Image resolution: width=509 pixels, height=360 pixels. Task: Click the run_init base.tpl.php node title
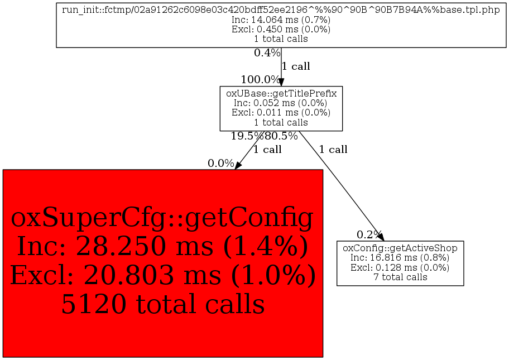tap(281, 9)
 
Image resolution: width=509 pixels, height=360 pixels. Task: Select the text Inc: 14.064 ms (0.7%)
tap(281, 20)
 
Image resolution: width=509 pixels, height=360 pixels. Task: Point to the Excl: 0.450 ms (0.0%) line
tap(281, 29)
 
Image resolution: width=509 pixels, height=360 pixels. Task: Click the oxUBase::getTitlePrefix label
tap(281, 94)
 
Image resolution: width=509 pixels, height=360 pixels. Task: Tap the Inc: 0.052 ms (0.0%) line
tap(281, 103)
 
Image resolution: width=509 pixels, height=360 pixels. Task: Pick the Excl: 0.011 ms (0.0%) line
tap(281, 113)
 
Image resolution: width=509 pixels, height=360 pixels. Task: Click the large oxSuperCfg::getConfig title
tap(162, 218)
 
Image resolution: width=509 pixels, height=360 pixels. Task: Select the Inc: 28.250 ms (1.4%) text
tap(162, 246)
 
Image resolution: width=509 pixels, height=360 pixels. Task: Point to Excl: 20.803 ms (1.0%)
tap(163, 275)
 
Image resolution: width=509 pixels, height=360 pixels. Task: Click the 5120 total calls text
tap(163, 304)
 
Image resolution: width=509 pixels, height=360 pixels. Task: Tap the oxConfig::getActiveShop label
tap(400, 248)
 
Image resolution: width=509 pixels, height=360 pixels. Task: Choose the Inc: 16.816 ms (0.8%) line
tap(400, 258)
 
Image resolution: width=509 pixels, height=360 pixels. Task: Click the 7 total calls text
tap(400, 277)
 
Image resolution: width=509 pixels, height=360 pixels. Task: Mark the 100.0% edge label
tap(260, 79)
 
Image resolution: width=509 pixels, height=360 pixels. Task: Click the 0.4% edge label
tap(267, 52)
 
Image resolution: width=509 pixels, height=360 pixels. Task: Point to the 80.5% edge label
tap(281, 136)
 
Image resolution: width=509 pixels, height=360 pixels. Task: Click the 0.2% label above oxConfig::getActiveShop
tap(369, 234)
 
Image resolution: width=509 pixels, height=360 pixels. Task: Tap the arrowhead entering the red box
tap(238, 165)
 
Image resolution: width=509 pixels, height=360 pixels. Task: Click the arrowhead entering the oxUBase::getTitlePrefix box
tap(281, 82)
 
